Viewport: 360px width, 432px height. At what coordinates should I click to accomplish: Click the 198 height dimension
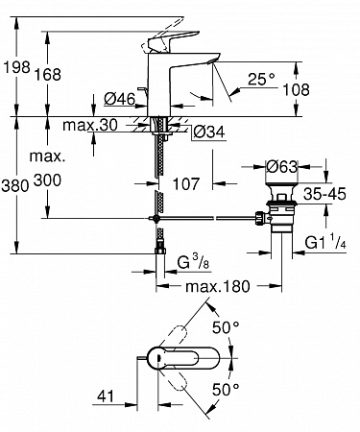tap(16, 67)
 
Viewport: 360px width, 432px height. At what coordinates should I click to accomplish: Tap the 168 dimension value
tap(47, 75)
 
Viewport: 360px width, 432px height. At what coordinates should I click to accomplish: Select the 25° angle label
tap(261, 79)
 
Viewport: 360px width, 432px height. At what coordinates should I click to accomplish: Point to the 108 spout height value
tap(296, 90)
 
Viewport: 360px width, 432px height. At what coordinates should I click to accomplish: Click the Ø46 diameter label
tap(120, 99)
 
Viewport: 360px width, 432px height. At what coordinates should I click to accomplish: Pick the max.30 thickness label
tap(90, 125)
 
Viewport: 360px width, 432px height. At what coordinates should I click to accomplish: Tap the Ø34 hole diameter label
tap(209, 132)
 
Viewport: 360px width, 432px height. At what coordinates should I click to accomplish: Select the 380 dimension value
tap(15, 185)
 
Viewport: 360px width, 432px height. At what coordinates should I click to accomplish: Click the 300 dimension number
tap(47, 180)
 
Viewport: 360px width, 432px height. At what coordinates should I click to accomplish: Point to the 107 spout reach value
tap(186, 184)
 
